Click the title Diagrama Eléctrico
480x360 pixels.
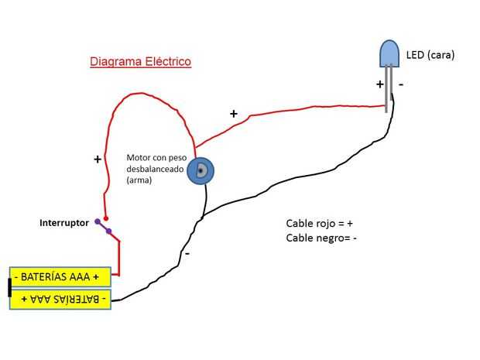(x=140, y=61)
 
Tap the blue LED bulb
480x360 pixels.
(x=389, y=53)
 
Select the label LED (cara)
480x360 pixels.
(x=430, y=55)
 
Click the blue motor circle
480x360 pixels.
(x=201, y=171)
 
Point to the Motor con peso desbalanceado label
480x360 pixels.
(x=154, y=168)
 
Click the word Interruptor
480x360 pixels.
(x=64, y=223)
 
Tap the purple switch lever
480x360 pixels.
(x=103, y=226)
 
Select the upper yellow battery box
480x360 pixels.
(x=61, y=276)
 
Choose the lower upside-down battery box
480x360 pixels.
(x=61, y=299)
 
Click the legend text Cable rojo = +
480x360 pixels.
(x=320, y=224)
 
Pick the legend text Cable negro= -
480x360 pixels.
(x=321, y=238)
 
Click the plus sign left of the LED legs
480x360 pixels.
(x=380, y=84)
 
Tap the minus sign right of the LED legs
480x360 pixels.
(x=401, y=84)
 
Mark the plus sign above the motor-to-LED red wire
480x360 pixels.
(x=234, y=114)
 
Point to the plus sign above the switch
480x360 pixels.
(x=98, y=159)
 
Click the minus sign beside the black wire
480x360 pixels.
(x=187, y=252)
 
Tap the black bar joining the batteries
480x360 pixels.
(x=9, y=287)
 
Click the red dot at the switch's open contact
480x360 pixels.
(x=106, y=218)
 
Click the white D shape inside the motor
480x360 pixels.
(x=201, y=171)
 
